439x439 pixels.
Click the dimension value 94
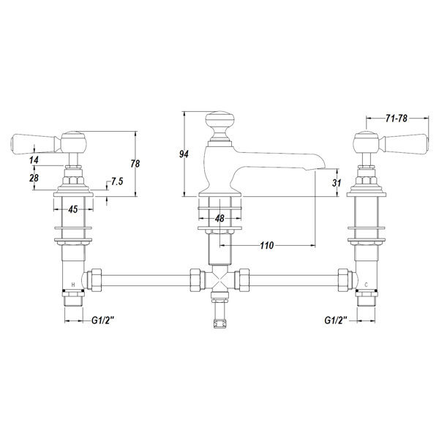184,154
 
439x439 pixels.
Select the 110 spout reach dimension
266,246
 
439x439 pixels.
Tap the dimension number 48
219,218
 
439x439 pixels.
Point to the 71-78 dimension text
396,119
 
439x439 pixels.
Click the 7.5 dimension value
117,181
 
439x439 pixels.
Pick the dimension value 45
72,209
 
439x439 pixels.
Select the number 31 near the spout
337,183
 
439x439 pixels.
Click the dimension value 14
34,160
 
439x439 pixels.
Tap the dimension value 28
34,178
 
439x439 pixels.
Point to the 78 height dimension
135,163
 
